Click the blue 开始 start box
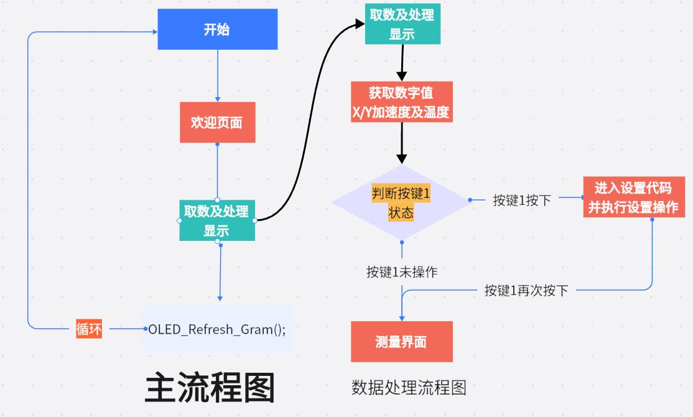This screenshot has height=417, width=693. coord(217,29)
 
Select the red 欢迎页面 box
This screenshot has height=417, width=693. coord(217,122)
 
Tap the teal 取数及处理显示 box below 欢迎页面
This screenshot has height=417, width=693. coord(217,220)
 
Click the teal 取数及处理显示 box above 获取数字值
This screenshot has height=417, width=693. coord(402,24)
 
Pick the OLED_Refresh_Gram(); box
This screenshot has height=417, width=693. coord(217,329)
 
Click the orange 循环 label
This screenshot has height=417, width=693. coord(88,328)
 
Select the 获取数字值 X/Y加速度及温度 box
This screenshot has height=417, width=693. coord(401,102)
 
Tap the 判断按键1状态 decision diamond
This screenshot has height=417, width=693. coord(401,202)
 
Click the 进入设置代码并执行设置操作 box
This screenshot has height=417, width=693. coord(633,197)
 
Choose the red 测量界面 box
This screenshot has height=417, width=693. coord(401,341)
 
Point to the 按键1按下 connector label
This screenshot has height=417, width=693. coord(521,200)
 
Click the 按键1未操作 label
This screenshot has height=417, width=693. coord(401,272)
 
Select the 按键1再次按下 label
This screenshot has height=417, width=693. coord(526,290)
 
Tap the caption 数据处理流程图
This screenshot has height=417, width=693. coord(409,388)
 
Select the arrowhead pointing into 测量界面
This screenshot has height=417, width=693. coord(402,317)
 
